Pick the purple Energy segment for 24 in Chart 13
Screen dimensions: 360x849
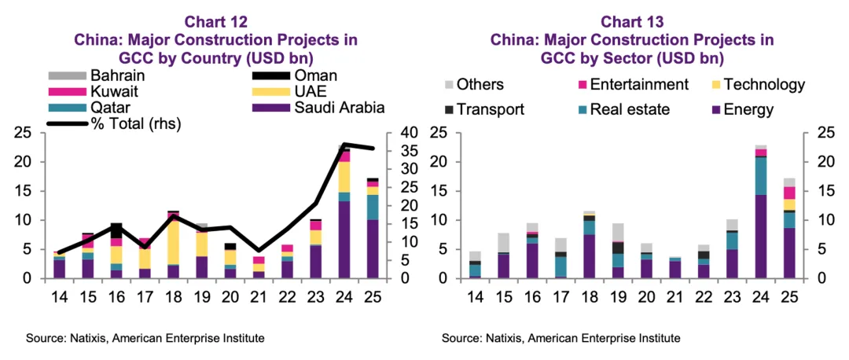759,237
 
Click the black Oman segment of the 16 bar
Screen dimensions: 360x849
116,231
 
